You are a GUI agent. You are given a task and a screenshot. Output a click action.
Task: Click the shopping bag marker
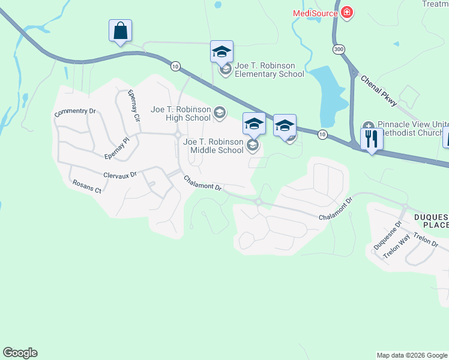(120, 31)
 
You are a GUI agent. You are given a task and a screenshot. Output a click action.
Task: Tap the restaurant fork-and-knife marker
(372, 140)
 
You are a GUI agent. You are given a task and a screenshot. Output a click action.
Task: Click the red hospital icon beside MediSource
(346, 12)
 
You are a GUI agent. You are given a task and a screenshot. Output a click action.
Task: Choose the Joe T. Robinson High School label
(181, 113)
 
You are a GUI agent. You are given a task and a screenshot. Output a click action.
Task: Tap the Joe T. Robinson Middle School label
(214, 146)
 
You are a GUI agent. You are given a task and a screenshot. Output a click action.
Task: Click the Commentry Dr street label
(75, 112)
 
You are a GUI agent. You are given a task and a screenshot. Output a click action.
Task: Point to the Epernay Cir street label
(133, 106)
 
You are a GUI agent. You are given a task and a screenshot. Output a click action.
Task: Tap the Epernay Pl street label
(116, 148)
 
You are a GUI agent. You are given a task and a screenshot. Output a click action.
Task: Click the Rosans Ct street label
(86, 187)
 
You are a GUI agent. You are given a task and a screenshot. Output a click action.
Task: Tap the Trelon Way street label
(396, 246)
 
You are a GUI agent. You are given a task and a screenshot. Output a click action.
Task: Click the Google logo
(20, 353)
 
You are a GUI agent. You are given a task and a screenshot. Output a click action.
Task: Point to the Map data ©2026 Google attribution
(412, 355)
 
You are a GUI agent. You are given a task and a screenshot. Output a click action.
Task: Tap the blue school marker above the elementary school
(221, 52)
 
